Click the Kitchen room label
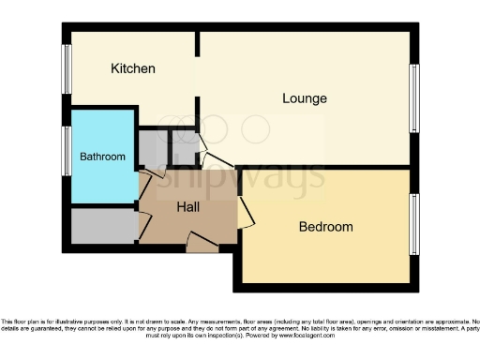pyautogui.click(x=133, y=69)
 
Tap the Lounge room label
pyautogui.click(x=305, y=97)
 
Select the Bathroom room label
pyautogui.click(x=102, y=157)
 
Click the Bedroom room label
pyautogui.click(x=325, y=227)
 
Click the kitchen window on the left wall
pyautogui.click(x=67, y=69)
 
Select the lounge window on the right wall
pyautogui.click(x=412, y=97)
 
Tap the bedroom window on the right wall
pyautogui.click(x=412, y=225)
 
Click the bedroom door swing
pyautogui.click(x=246, y=210)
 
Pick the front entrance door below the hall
pyautogui.click(x=202, y=245)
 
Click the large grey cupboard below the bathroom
pyautogui.click(x=103, y=226)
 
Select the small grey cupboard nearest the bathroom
pyautogui.click(x=151, y=148)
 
